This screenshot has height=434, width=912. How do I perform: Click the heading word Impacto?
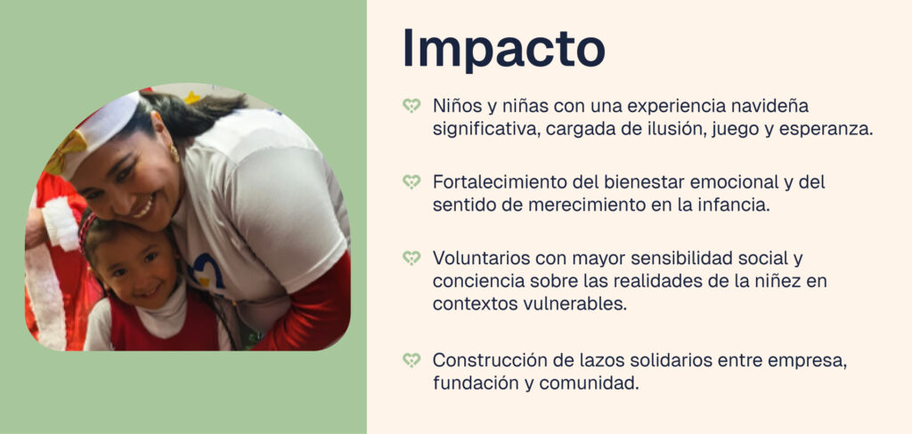(x=504, y=50)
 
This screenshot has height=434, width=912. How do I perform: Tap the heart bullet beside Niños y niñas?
(x=411, y=106)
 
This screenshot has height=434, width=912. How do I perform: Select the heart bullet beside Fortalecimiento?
(x=411, y=181)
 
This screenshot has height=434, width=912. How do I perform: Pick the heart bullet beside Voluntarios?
(x=411, y=258)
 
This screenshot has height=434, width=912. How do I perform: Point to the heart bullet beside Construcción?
(x=411, y=360)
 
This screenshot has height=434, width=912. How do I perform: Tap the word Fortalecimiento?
(x=500, y=181)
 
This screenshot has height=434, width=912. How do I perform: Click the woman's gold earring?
(x=175, y=153)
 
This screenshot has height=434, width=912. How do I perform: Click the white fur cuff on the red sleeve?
(x=61, y=224)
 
